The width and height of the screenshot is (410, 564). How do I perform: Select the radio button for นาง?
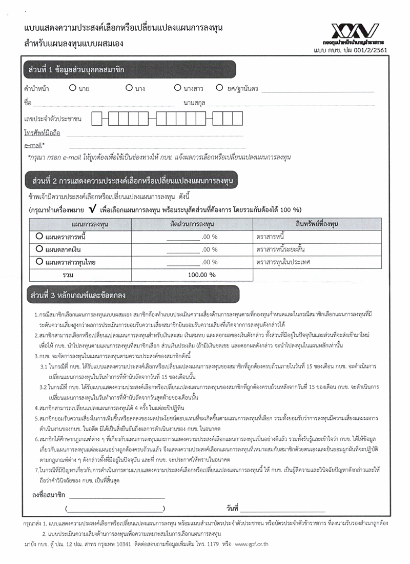[x=129, y=88]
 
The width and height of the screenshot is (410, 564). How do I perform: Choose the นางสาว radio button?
[x=177, y=88]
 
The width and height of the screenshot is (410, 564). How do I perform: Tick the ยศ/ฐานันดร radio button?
[x=219, y=88]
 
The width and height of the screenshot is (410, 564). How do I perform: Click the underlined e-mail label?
[x=33, y=145]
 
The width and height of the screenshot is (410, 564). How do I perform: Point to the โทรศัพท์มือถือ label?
[x=42, y=133]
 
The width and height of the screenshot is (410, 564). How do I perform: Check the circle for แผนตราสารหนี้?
[x=39, y=237]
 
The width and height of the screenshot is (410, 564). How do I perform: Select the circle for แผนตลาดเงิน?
[x=39, y=249]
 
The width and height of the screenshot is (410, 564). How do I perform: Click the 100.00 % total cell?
[x=202, y=275]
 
